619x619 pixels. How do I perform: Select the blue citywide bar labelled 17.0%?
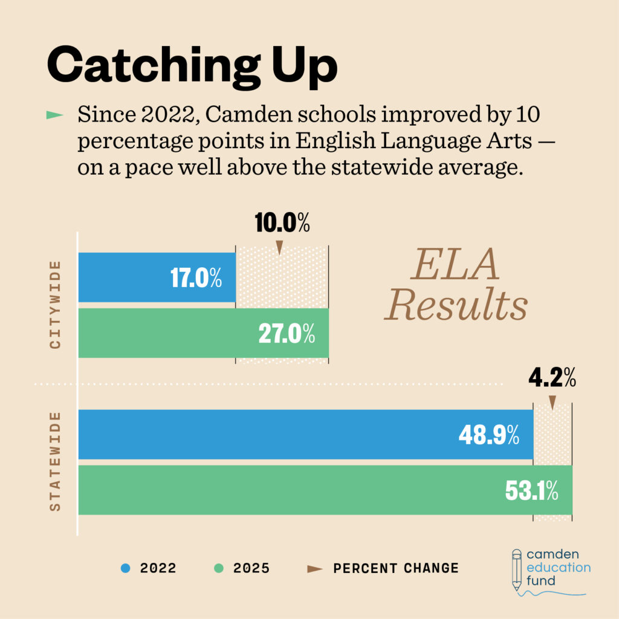[x=157, y=277]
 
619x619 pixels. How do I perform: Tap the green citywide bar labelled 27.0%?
[x=204, y=333]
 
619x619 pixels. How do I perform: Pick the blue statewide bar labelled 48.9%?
[x=305, y=435]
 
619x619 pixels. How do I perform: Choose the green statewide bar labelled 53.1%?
[x=325, y=490]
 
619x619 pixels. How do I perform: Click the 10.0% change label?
[x=282, y=223]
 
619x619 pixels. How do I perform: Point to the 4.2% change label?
[x=552, y=380]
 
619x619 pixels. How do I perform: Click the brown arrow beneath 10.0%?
[x=279, y=247]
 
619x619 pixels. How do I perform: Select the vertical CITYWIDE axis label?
[x=56, y=305]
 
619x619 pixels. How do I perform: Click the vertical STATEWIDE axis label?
[x=56, y=462]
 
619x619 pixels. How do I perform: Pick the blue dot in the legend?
[x=126, y=568]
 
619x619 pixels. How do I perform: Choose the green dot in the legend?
[x=219, y=568]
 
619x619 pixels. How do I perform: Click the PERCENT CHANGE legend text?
[x=396, y=568]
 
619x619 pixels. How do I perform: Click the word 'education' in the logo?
[x=559, y=568]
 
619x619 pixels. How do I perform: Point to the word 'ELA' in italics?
[x=455, y=265]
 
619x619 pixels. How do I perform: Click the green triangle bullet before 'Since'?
[x=55, y=114]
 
